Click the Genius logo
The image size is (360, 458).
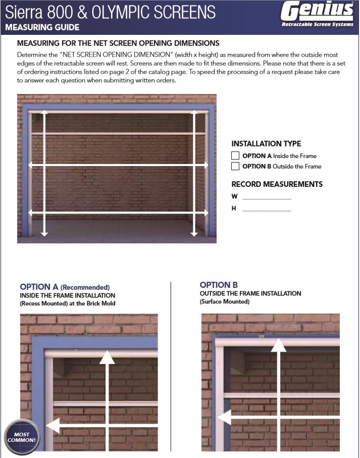[x=317, y=11]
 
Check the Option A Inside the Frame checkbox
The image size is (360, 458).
[x=235, y=156]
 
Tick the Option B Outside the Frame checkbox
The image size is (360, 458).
[x=235, y=166]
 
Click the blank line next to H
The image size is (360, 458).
[x=267, y=209]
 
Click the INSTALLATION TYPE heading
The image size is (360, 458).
[x=266, y=144]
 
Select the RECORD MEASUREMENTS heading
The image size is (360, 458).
[x=277, y=184]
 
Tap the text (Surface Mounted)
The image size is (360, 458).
[x=224, y=302]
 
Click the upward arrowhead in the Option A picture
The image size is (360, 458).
[x=107, y=357]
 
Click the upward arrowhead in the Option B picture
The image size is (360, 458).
[x=279, y=345]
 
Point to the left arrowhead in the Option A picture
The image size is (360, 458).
[x=53, y=426]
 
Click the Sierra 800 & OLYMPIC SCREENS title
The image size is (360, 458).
[x=110, y=12]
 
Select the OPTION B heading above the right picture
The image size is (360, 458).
[x=219, y=285]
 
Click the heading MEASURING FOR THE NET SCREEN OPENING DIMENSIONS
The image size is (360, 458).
[x=118, y=43]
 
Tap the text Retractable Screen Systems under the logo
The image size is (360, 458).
[x=317, y=25]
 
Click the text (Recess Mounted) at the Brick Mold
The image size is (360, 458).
[x=68, y=303]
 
